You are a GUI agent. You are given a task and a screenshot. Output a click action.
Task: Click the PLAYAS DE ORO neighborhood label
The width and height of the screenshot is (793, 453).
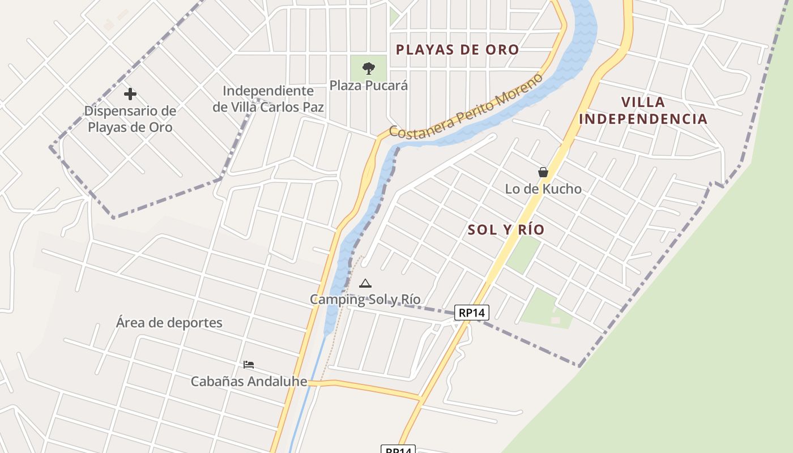pyautogui.click(x=457, y=50)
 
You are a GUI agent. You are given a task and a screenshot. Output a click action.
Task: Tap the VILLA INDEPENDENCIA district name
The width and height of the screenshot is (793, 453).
pyautogui.click(x=643, y=110)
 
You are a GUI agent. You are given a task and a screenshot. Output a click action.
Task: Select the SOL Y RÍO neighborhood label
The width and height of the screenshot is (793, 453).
pyautogui.click(x=506, y=230)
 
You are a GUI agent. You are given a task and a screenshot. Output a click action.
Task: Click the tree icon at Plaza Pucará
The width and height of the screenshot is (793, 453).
pyautogui.click(x=369, y=69)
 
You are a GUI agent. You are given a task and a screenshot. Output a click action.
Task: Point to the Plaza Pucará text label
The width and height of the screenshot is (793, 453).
pyautogui.click(x=369, y=86)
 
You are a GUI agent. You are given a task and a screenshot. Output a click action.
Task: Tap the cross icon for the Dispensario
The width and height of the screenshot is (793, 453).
pyautogui.click(x=130, y=93)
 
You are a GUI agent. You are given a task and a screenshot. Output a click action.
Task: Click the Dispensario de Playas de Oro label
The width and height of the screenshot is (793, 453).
pyautogui.click(x=130, y=119)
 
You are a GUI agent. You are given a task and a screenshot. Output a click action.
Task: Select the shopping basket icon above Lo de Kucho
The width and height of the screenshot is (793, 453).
pyautogui.click(x=543, y=172)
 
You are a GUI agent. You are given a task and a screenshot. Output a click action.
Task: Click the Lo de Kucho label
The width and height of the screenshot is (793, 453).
pyautogui.click(x=543, y=189)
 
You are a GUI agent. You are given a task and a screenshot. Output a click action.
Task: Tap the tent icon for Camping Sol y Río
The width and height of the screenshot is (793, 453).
pyautogui.click(x=365, y=283)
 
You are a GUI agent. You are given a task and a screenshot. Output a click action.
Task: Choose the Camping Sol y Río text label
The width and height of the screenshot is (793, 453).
pyautogui.click(x=365, y=299)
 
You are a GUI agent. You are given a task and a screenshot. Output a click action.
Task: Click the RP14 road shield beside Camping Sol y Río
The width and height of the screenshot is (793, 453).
pyautogui.click(x=471, y=312)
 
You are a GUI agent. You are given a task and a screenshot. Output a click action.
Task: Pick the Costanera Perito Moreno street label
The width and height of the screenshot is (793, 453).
pyautogui.click(x=466, y=106)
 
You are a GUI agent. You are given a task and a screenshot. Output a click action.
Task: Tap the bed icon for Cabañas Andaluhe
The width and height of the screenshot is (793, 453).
pyautogui.click(x=248, y=365)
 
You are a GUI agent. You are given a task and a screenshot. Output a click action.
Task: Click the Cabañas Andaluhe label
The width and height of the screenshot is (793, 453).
pyautogui.click(x=249, y=381)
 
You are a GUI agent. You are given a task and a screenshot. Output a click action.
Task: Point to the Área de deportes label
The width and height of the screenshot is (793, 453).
pyautogui.click(x=169, y=323)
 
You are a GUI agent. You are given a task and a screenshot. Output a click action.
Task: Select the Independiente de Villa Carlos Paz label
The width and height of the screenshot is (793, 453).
pyautogui.click(x=268, y=99)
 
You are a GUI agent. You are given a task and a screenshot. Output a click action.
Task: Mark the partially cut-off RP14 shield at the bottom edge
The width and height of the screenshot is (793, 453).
pyautogui.click(x=398, y=449)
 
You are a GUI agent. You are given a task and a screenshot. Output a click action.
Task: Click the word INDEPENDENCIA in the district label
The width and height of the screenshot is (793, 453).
pyautogui.click(x=643, y=119)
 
